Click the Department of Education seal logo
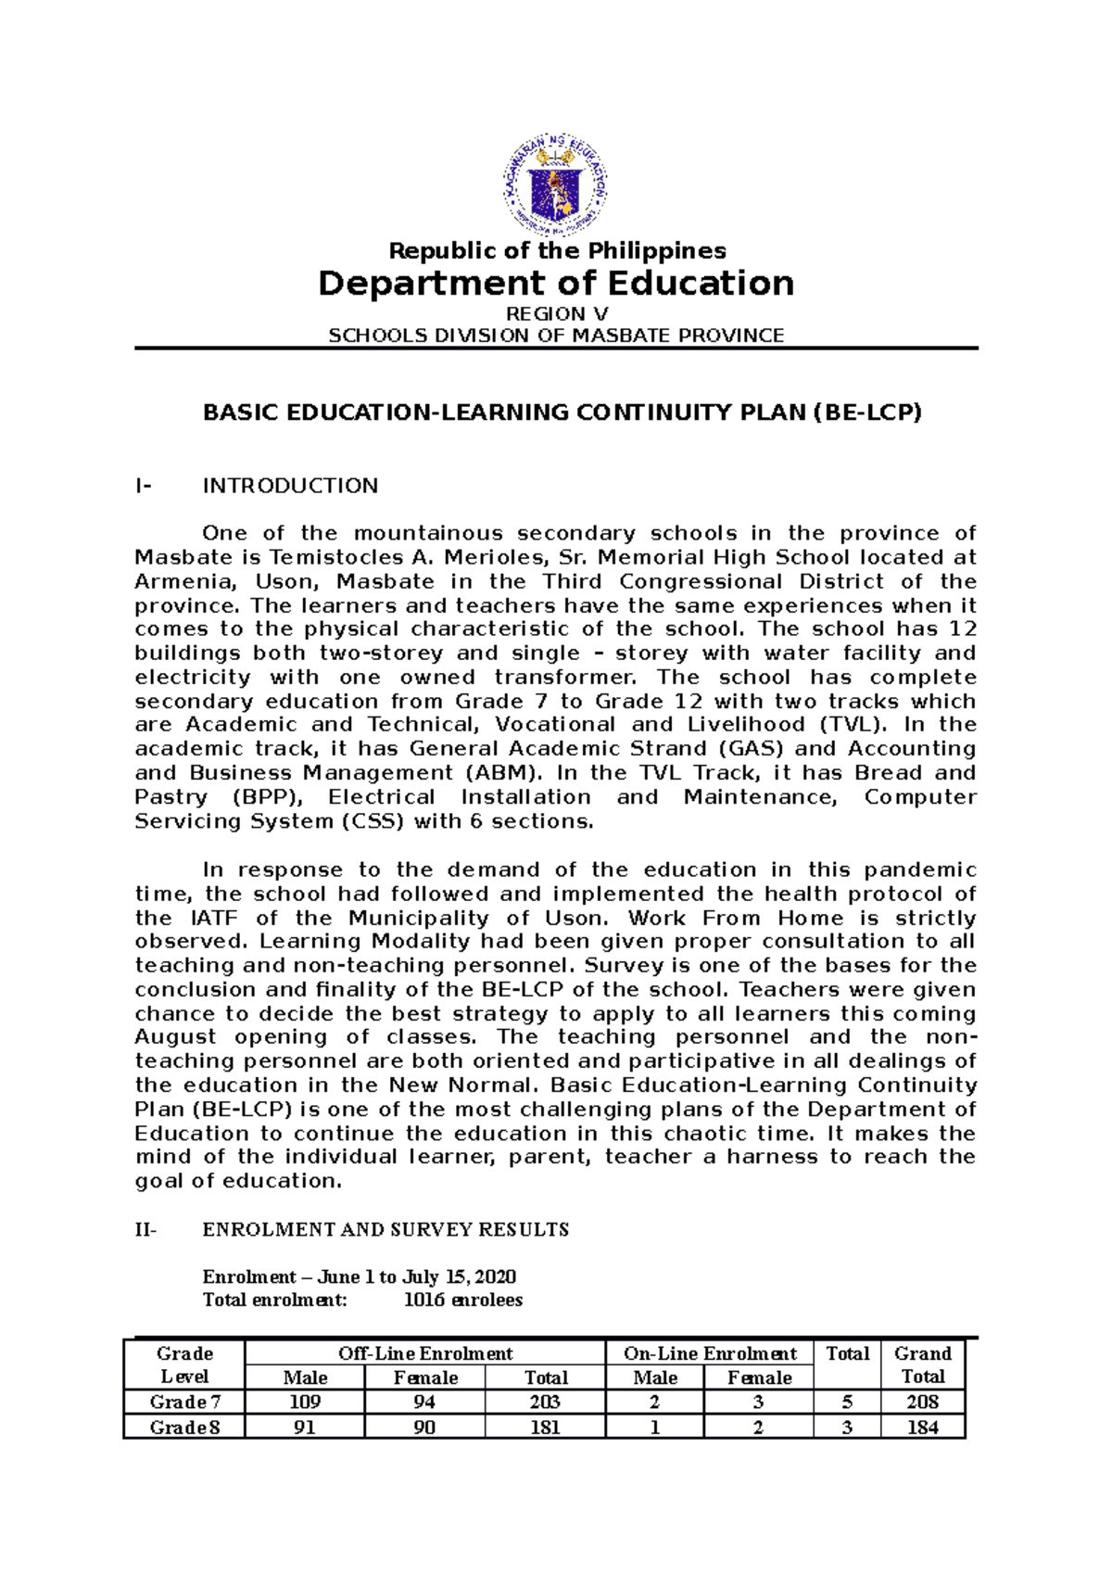tap(556, 184)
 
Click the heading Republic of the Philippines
tap(557, 250)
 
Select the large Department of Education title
tap(556, 283)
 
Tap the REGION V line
tap(556, 314)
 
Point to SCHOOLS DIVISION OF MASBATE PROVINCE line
tap(556, 336)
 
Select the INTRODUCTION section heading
tap(290, 486)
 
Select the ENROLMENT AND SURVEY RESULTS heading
tap(385, 1230)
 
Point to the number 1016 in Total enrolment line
tap(423, 1301)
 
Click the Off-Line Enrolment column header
tap(425, 1353)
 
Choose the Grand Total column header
tap(923, 1365)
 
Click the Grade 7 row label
tap(184, 1402)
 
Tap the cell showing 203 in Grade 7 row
tap(545, 1402)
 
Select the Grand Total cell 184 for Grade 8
tap(922, 1428)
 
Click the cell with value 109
tap(305, 1402)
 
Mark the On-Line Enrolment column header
tap(710, 1353)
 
